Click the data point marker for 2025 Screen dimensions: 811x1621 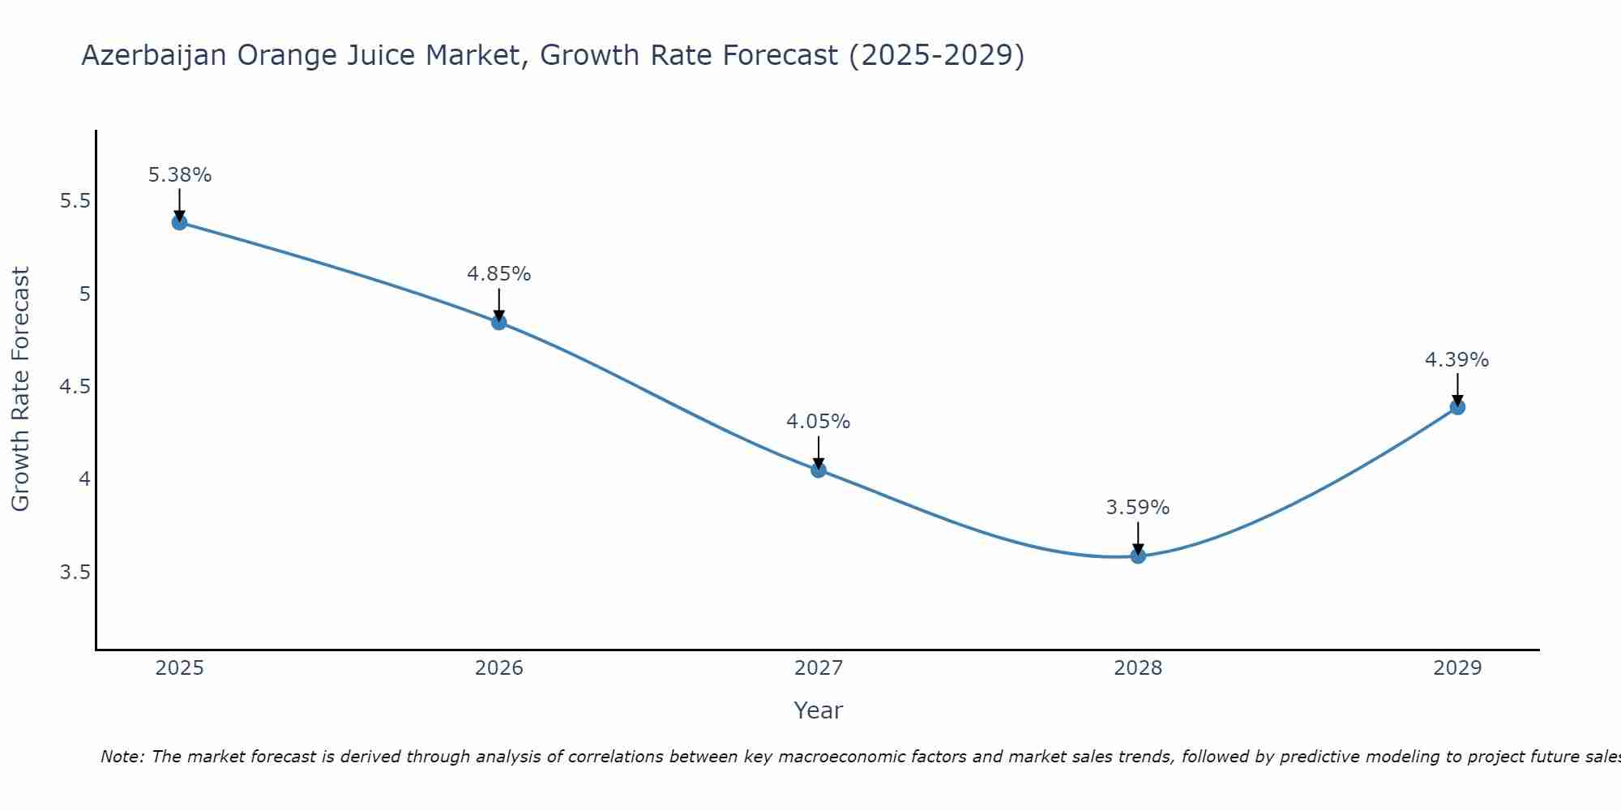[x=179, y=222]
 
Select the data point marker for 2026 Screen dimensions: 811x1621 [x=499, y=322]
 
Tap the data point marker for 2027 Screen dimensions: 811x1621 [x=819, y=470]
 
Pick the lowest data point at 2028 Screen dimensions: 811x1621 [x=1138, y=556]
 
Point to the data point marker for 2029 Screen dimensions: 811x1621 [x=1457, y=407]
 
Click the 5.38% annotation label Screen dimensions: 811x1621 [x=180, y=175]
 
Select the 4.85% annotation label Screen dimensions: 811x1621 [x=499, y=274]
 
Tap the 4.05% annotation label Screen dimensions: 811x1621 [x=819, y=422]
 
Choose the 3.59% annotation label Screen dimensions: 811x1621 [x=1138, y=508]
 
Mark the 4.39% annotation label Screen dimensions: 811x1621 [x=1457, y=360]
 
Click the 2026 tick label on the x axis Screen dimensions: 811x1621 [x=499, y=668]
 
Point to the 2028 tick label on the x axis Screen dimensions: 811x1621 [x=1138, y=668]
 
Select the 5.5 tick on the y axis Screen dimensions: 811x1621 [x=75, y=201]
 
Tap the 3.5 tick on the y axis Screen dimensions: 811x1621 [x=75, y=573]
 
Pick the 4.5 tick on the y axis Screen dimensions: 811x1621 [x=75, y=387]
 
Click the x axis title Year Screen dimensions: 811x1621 [x=819, y=710]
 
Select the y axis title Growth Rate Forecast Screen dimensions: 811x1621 [x=21, y=389]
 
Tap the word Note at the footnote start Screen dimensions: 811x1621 [x=122, y=757]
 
